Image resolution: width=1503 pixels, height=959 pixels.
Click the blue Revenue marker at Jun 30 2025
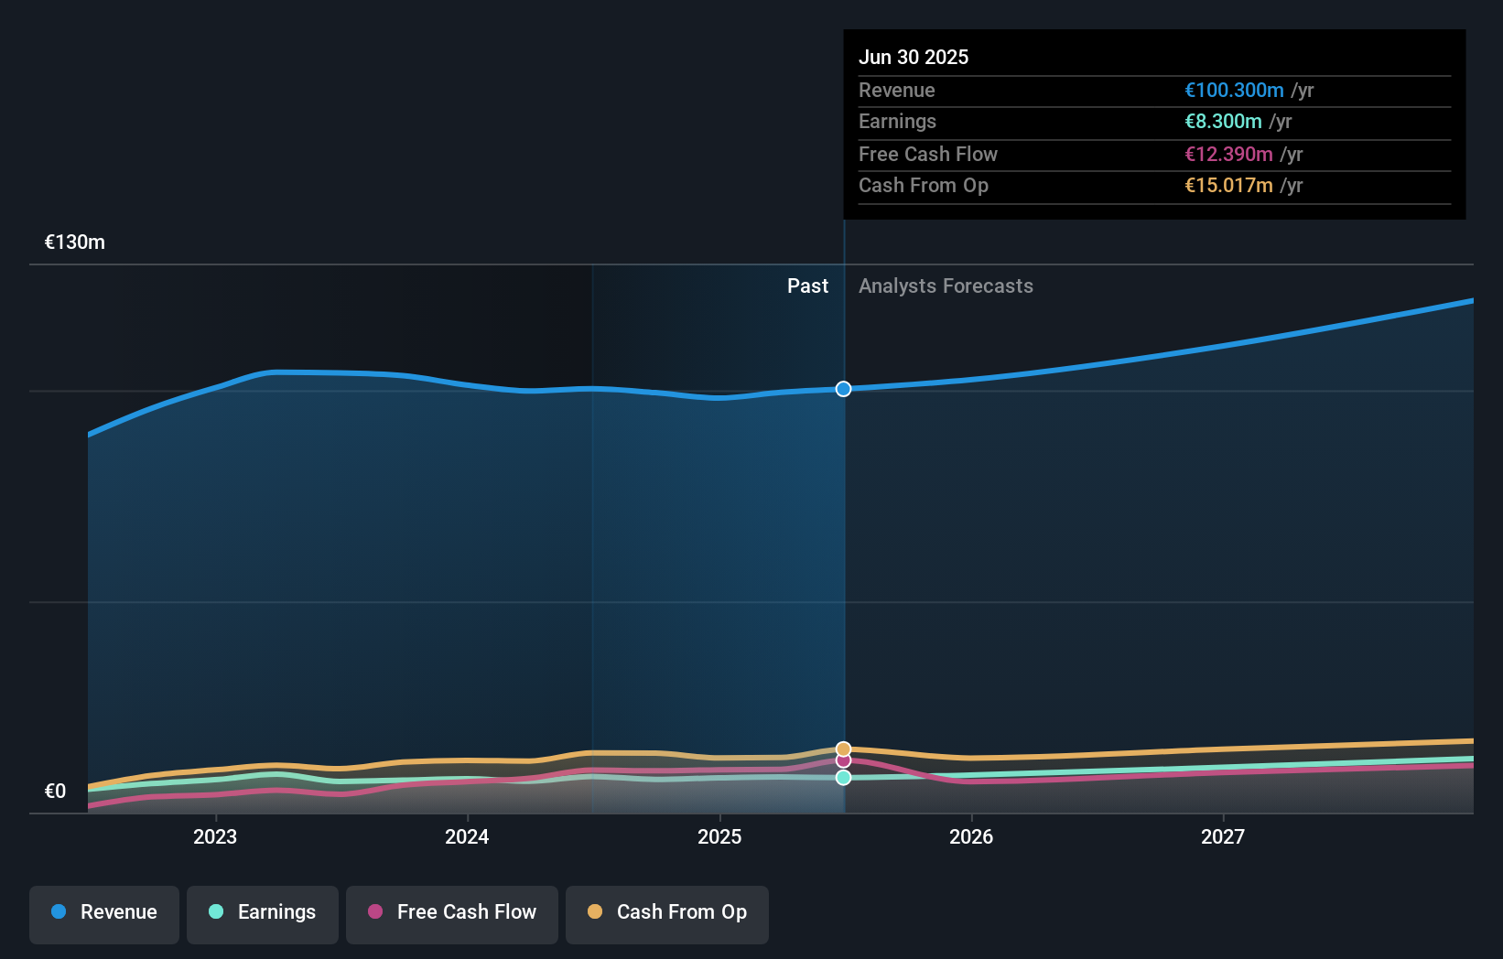pyautogui.click(x=843, y=389)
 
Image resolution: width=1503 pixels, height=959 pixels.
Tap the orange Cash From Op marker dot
pyautogui.click(x=843, y=749)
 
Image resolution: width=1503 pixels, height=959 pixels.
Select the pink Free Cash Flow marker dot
pyautogui.click(x=843, y=761)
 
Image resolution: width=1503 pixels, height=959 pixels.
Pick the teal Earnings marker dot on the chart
pyautogui.click(x=843, y=777)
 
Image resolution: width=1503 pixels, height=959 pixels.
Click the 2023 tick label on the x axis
pyautogui.click(x=215, y=836)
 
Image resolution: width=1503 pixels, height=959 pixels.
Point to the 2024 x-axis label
pyautogui.click(x=467, y=836)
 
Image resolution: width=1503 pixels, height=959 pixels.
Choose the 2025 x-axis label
pyautogui.click(x=719, y=836)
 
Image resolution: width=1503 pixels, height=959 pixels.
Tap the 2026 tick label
pyautogui.click(x=971, y=836)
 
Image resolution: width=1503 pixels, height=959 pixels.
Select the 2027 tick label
pyautogui.click(x=1223, y=836)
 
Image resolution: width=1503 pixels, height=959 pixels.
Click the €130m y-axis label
pyautogui.click(x=75, y=242)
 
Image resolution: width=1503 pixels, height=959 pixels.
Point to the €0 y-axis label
pyautogui.click(x=55, y=791)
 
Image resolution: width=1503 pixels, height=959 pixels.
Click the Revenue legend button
pyautogui.click(x=104, y=913)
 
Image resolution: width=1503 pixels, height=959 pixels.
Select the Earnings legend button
pyautogui.click(x=263, y=913)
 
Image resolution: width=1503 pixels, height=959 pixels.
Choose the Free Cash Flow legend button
pyautogui.click(x=452, y=913)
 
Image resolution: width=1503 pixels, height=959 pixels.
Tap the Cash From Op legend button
pyautogui.click(x=667, y=913)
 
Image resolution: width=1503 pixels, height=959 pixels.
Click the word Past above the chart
pyautogui.click(x=807, y=286)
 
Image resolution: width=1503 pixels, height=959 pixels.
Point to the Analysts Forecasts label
pyautogui.click(x=946, y=286)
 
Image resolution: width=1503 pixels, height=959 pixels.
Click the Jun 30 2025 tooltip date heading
pyautogui.click(x=914, y=57)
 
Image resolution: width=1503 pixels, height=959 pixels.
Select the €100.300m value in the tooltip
pyautogui.click(x=1234, y=90)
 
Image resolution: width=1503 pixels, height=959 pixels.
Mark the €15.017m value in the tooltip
pyautogui.click(x=1228, y=185)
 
